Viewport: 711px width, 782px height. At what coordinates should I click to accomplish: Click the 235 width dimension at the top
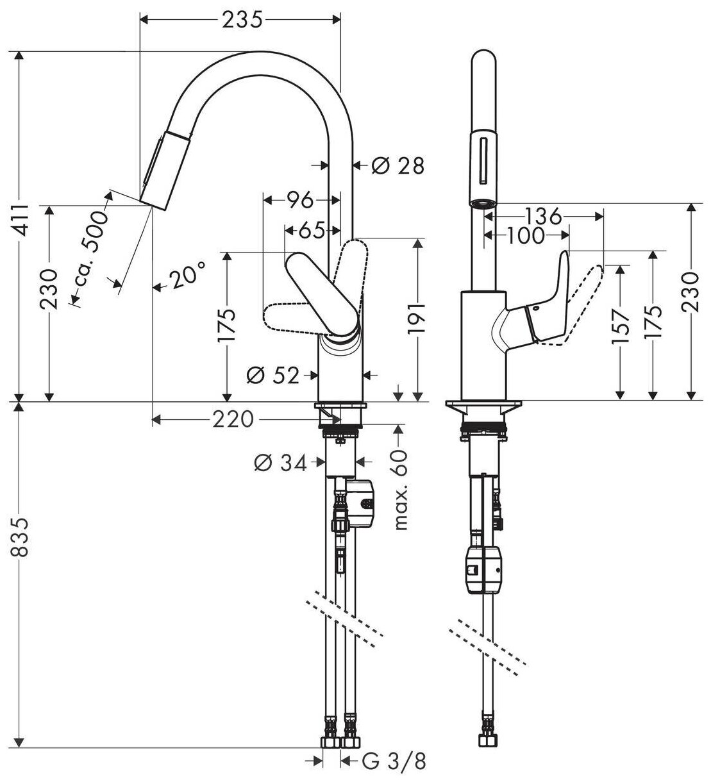click(x=242, y=21)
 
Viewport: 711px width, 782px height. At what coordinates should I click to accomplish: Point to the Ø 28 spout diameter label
click(x=398, y=165)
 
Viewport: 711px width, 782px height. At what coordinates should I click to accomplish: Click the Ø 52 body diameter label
click(x=273, y=375)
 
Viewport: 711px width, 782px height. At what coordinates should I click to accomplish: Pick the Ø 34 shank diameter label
click(x=280, y=463)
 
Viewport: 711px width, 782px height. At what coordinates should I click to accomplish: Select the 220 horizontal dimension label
click(x=231, y=420)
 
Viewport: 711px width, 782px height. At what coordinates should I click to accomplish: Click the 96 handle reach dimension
click(x=299, y=201)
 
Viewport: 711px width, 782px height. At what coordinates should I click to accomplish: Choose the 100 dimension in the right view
click(x=524, y=236)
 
